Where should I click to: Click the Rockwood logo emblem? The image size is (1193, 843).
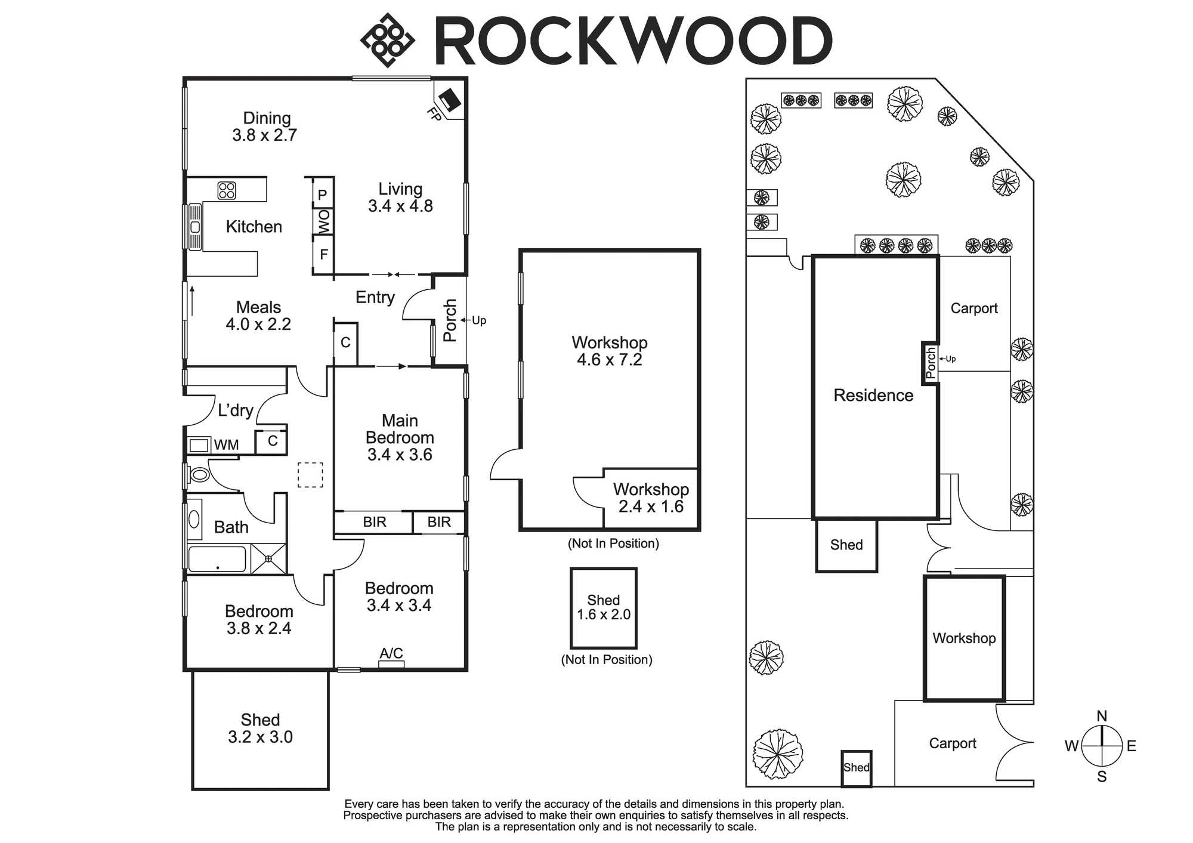click(388, 40)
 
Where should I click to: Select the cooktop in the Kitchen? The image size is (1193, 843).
click(227, 190)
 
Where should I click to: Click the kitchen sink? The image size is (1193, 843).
click(195, 227)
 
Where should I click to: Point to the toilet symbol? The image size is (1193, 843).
click(199, 475)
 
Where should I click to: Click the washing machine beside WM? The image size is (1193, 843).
click(200, 445)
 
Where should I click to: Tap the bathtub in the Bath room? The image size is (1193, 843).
click(217, 560)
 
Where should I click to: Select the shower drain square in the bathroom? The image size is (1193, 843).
click(268, 559)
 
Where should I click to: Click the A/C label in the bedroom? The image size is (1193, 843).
click(391, 653)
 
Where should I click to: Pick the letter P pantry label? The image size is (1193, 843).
click(322, 194)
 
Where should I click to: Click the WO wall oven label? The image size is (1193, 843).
click(323, 222)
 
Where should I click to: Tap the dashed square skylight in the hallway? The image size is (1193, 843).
click(310, 475)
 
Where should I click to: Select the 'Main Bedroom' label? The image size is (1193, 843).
click(400, 429)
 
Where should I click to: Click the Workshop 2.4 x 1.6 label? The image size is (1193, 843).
click(651, 498)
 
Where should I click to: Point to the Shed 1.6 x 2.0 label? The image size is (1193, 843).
click(604, 607)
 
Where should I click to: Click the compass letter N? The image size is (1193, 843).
click(1102, 716)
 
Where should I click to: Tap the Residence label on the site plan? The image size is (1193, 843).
click(873, 395)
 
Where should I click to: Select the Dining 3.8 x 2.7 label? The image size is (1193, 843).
click(265, 126)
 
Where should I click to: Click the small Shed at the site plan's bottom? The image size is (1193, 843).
click(856, 768)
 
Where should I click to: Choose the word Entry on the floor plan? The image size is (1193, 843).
click(375, 298)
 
